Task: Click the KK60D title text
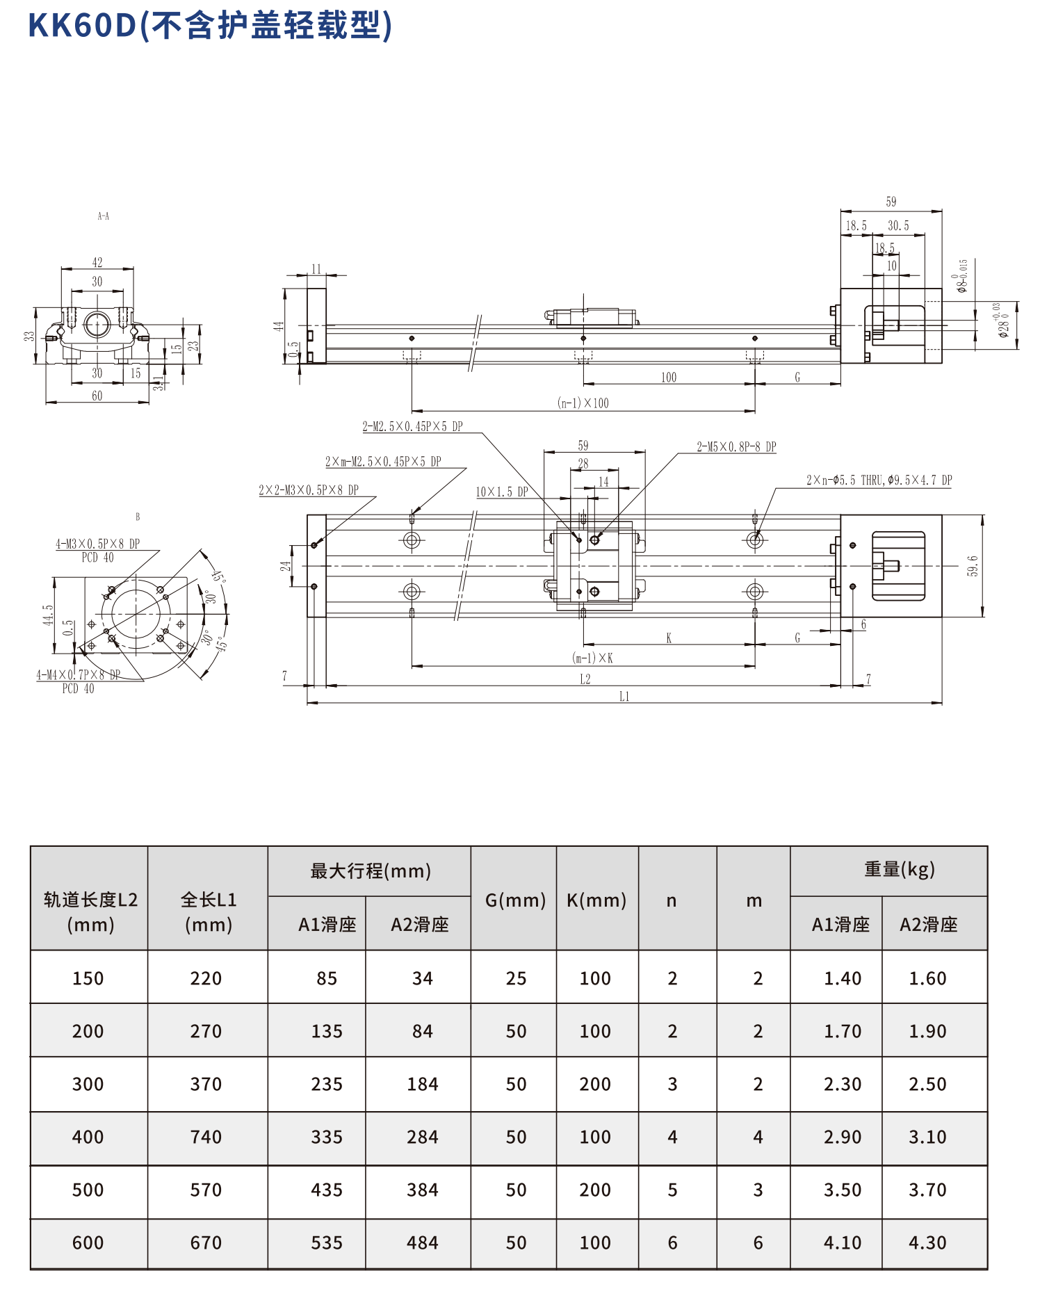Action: (x=209, y=26)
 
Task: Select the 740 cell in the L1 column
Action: (x=206, y=1137)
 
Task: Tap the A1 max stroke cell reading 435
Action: (x=327, y=1190)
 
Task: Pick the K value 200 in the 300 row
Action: (x=595, y=1084)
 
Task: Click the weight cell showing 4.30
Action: (x=927, y=1242)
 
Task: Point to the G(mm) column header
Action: (x=515, y=900)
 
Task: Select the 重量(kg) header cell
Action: (x=899, y=870)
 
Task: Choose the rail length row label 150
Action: (x=88, y=978)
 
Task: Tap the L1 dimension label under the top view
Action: (x=624, y=697)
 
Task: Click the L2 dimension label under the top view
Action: (x=585, y=679)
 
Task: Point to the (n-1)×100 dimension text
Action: (x=583, y=403)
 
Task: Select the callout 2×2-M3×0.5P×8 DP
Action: (x=309, y=490)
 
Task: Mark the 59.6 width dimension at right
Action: (x=973, y=566)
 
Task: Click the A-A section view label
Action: (x=104, y=216)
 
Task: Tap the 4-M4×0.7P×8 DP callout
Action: (x=79, y=674)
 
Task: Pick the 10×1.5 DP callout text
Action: (x=501, y=492)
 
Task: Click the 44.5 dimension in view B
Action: (x=48, y=615)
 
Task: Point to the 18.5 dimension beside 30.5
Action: (x=856, y=226)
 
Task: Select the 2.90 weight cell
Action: (x=843, y=1137)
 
